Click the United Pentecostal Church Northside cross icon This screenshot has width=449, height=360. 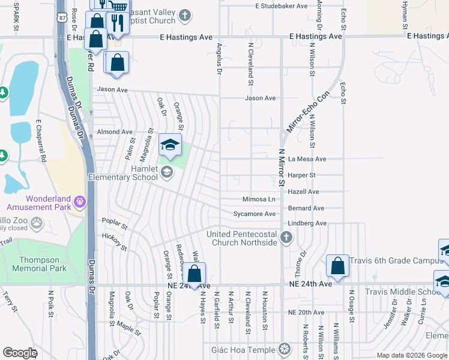(x=286, y=238)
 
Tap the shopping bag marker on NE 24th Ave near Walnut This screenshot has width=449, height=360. (x=194, y=274)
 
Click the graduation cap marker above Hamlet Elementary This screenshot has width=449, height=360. (x=170, y=145)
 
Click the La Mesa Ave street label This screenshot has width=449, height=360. (x=307, y=159)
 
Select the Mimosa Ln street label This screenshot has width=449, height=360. (x=259, y=199)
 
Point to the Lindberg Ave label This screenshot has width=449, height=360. (x=307, y=223)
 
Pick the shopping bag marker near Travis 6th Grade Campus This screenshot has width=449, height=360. (x=338, y=267)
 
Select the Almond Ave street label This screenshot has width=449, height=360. (x=114, y=132)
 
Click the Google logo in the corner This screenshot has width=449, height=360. (x=20, y=353)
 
